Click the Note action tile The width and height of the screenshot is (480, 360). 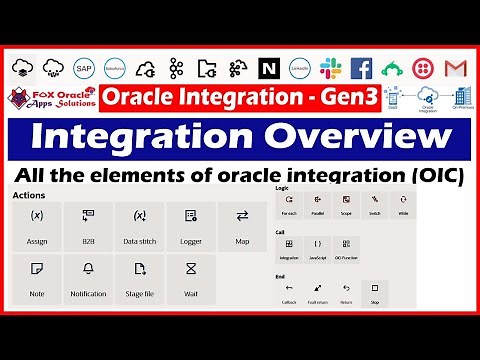tap(36, 277)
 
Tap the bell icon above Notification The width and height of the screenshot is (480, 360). tap(88, 269)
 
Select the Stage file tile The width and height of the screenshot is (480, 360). tap(140, 277)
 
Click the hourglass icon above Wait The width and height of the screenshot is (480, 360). tap(191, 269)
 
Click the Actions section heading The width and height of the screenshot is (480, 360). tap(30, 195)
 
